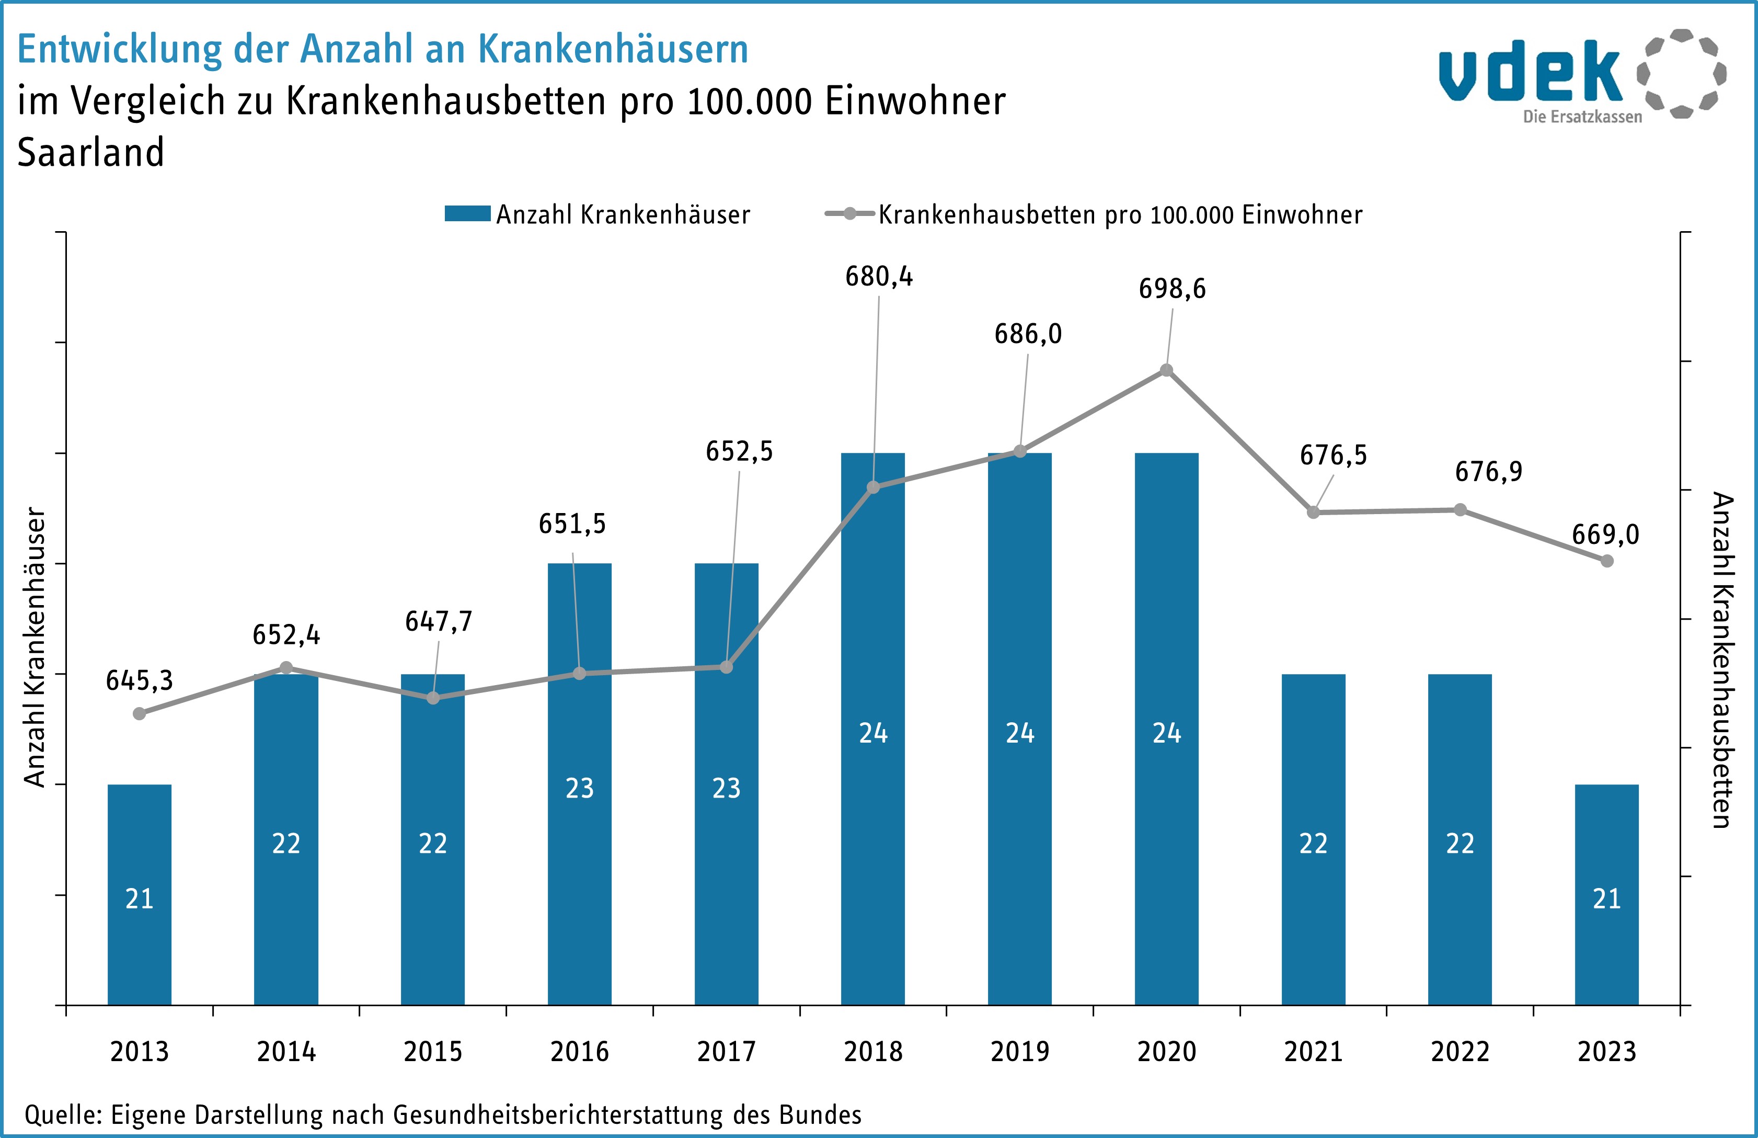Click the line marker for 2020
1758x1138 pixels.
[x=1166, y=370]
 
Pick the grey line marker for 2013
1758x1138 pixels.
[x=140, y=713]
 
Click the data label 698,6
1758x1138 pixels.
[x=1171, y=289]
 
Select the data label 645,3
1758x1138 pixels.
[x=139, y=680]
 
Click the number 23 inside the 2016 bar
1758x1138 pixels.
[x=579, y=789]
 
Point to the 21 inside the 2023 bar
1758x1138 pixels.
[x=1606, y=898]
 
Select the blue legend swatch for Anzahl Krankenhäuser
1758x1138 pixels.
[x=467, y=213]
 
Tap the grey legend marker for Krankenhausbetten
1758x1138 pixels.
[x=849, y=213]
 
